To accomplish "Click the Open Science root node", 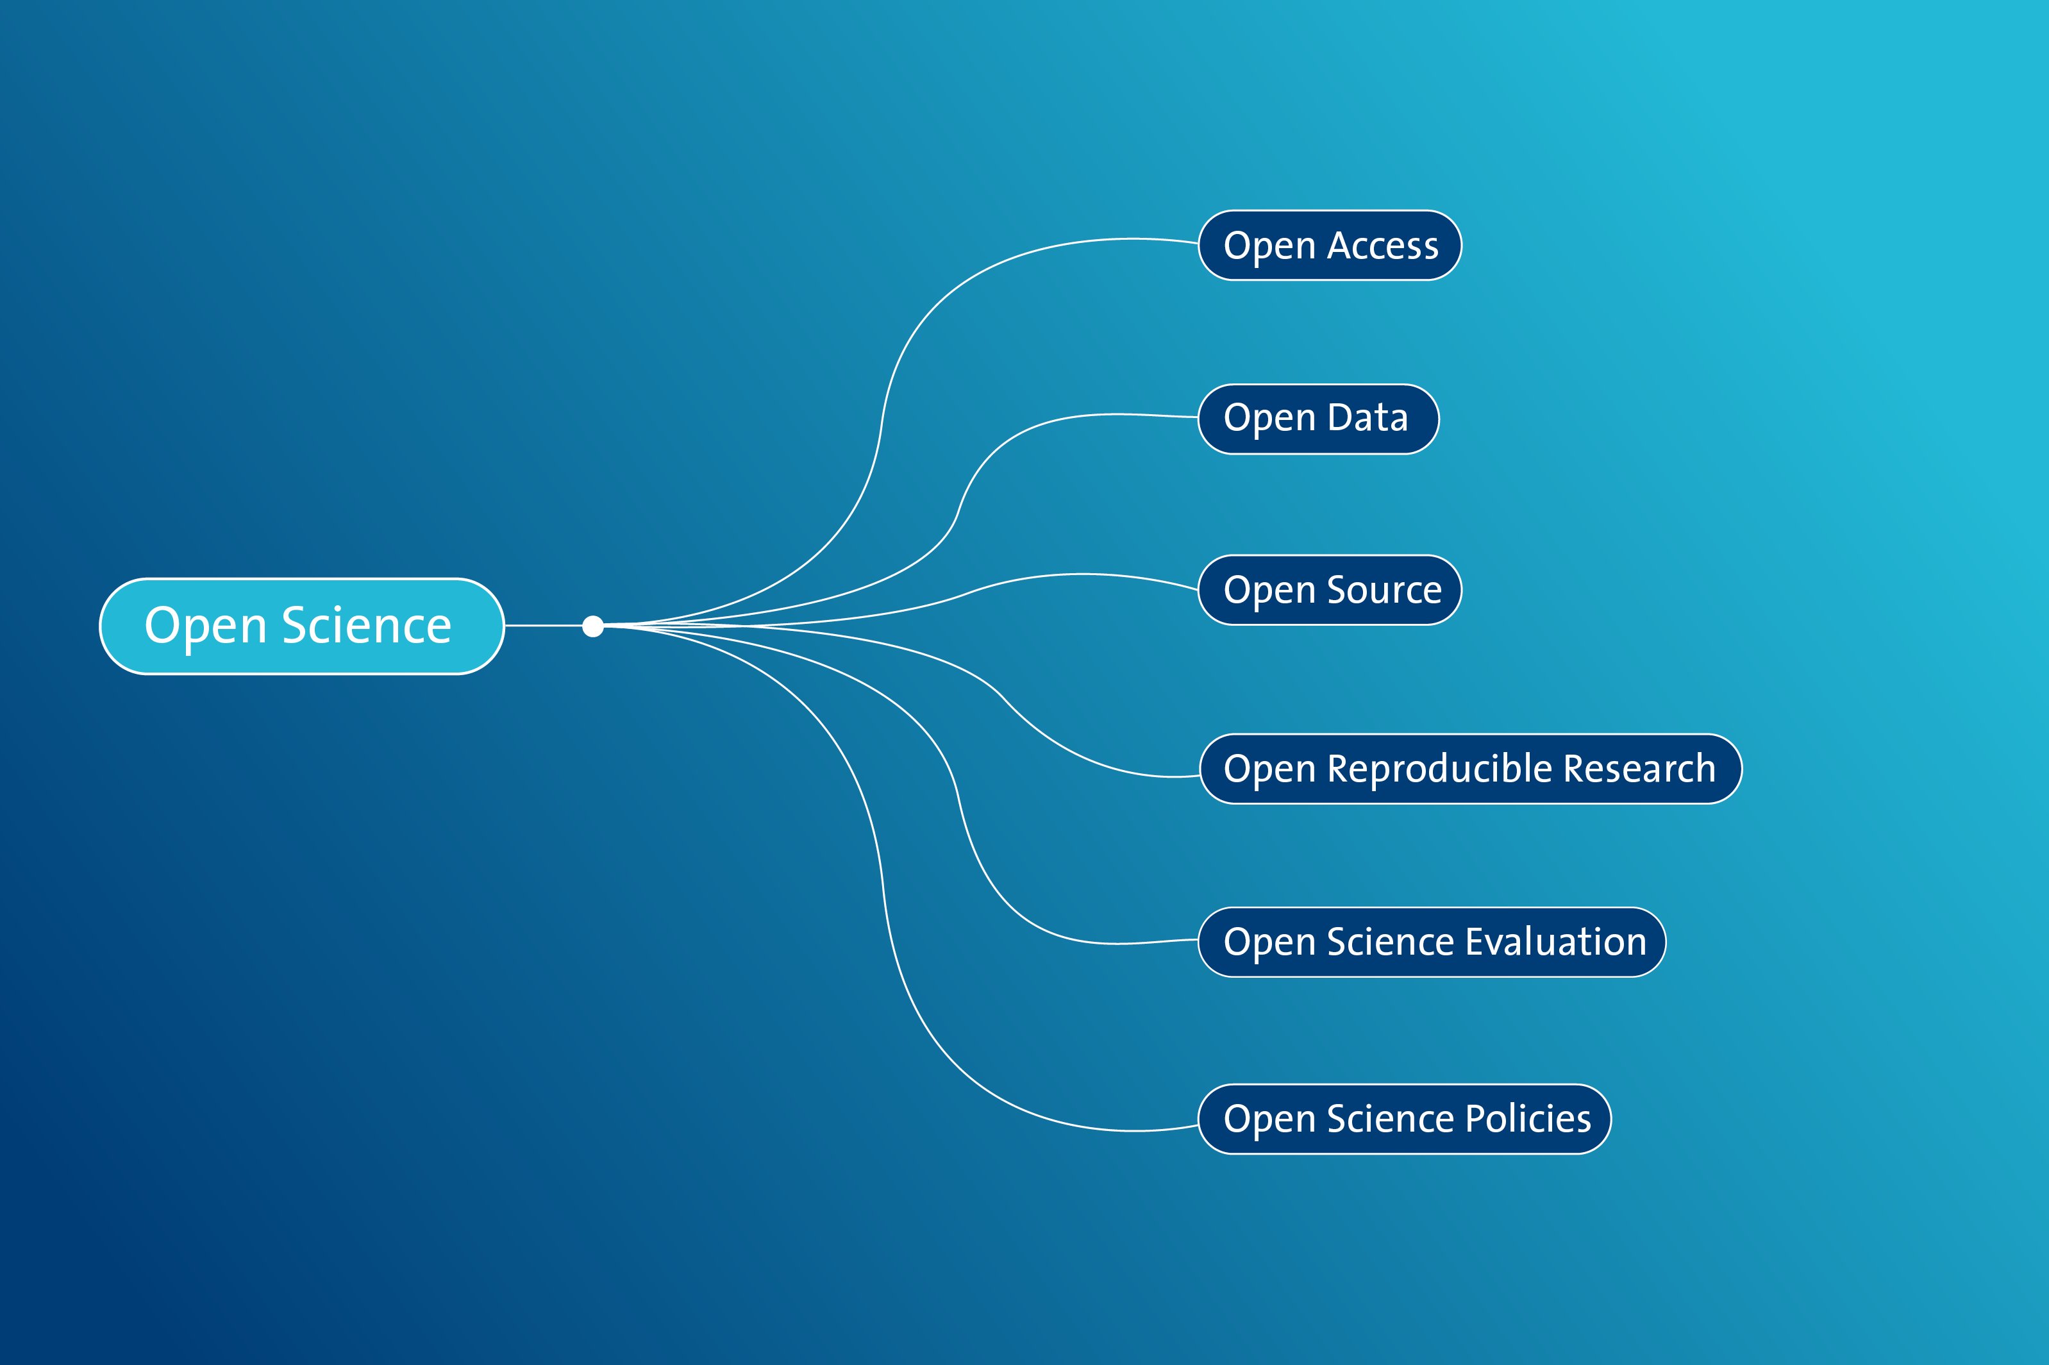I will [x=301, y=626].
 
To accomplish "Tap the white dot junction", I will [x=593, y=626].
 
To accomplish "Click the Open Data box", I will [x=1318, y=419].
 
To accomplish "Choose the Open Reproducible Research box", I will [x=1470, y=769].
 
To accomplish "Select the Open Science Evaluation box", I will [x=1432, y=942].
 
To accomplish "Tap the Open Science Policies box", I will [x=1404, y=1119].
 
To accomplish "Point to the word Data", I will [x=1367, y=418].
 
